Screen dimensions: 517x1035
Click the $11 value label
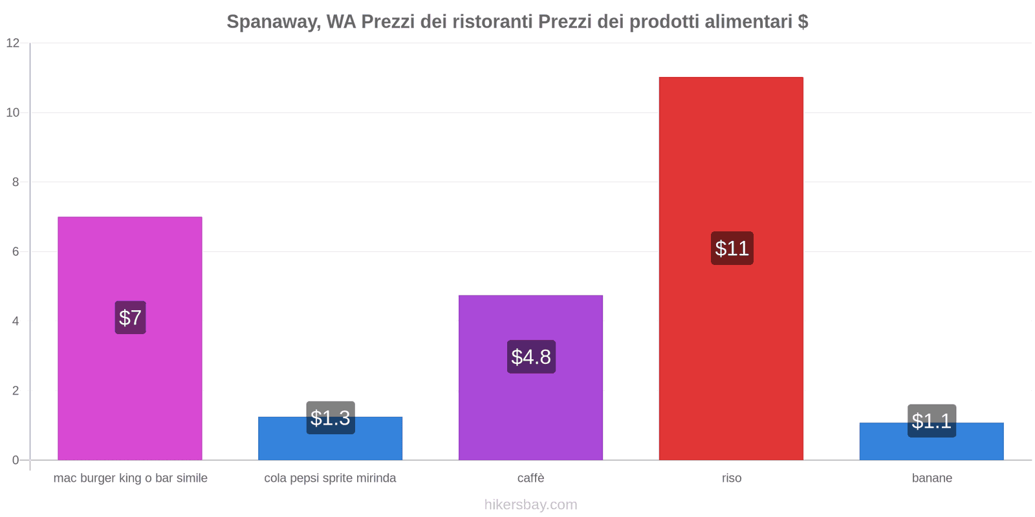732,248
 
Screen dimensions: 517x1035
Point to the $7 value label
130,317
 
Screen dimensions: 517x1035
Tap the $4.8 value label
531,357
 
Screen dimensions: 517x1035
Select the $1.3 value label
331,417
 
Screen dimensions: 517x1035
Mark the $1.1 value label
931,421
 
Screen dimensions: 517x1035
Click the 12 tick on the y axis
13,43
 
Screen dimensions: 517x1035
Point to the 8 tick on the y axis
16,182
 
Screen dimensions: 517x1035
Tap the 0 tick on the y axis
16,460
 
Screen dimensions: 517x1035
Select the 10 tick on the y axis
13,112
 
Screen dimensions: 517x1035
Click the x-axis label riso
732,478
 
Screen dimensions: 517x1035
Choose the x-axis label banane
931,478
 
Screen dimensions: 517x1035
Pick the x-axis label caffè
530,478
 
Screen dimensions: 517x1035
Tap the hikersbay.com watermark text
530,505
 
